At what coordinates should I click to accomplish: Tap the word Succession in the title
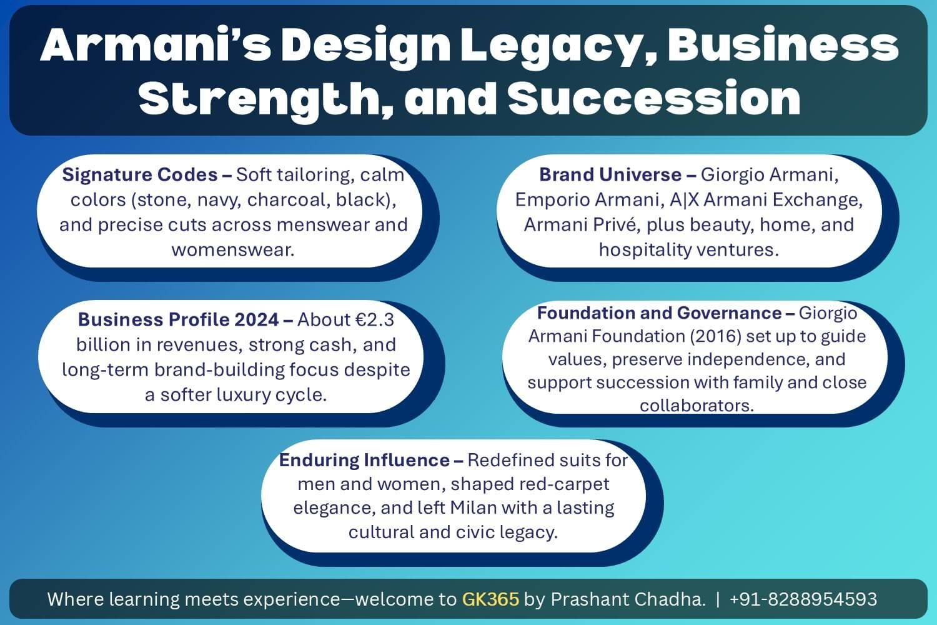[654, 99]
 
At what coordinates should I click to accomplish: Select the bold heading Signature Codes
[141, 174]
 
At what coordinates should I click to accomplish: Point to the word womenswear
[233, 249]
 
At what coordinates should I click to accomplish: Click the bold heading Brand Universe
[610, 174]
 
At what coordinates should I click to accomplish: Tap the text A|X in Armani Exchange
[683, 199]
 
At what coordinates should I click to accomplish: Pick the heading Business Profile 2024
[179, 319]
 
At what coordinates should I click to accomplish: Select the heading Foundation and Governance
[660, 312]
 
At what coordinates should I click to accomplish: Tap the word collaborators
[697, 406]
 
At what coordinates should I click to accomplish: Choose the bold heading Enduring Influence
[364, 460]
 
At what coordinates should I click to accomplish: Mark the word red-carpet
[565, 484]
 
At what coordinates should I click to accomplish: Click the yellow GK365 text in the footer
[490, 599]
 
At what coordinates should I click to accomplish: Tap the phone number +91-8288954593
[803, 599]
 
